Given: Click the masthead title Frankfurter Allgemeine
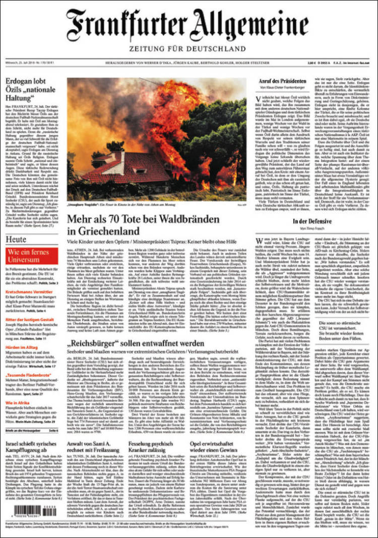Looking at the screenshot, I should tap(187, 25).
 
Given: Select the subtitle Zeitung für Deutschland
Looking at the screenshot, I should tap(187, 49).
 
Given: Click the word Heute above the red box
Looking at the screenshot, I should tap(17, 239).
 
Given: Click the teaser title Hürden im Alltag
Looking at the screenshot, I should tap(22, 347).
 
